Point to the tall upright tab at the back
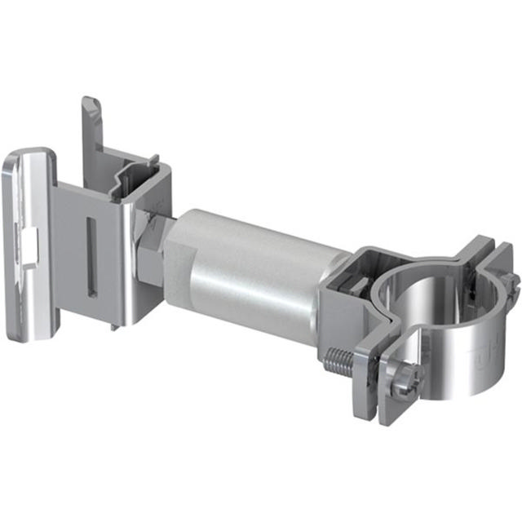[91, 122]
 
